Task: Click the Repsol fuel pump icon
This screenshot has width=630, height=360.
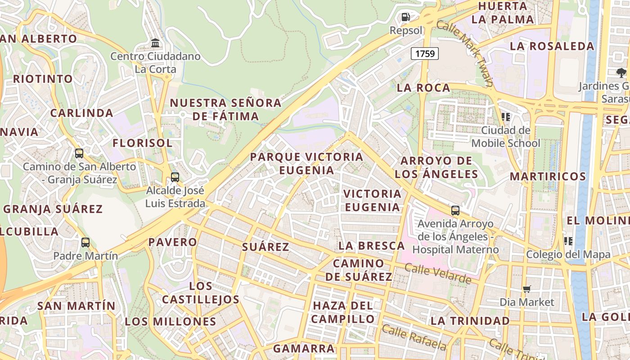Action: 405,18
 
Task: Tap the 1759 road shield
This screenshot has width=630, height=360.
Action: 425,54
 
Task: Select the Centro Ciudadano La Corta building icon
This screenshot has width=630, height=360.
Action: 155,43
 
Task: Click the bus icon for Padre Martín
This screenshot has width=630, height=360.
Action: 85,243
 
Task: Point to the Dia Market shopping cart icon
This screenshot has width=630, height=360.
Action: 526,289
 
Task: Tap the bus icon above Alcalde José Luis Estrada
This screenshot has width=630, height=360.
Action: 175,177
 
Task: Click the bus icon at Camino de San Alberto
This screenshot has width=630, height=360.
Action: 79,153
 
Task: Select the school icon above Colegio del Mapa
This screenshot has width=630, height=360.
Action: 568,241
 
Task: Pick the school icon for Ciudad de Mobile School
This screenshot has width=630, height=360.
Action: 506,117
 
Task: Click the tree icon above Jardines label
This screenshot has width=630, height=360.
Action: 621,72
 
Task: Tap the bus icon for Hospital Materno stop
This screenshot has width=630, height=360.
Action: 455,211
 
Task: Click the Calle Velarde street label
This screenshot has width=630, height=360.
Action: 437,274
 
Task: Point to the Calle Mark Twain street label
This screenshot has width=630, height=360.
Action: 464,54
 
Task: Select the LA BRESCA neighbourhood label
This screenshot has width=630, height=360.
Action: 371,246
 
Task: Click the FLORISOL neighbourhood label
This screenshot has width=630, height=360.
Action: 142,143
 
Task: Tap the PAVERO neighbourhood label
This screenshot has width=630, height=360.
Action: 173,242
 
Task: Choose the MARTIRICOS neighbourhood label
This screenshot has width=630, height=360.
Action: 548,176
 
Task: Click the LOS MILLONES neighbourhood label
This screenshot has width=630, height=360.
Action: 171,321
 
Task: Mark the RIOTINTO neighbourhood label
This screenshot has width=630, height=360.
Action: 43,79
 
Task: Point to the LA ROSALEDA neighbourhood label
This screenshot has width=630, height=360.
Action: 552,46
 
